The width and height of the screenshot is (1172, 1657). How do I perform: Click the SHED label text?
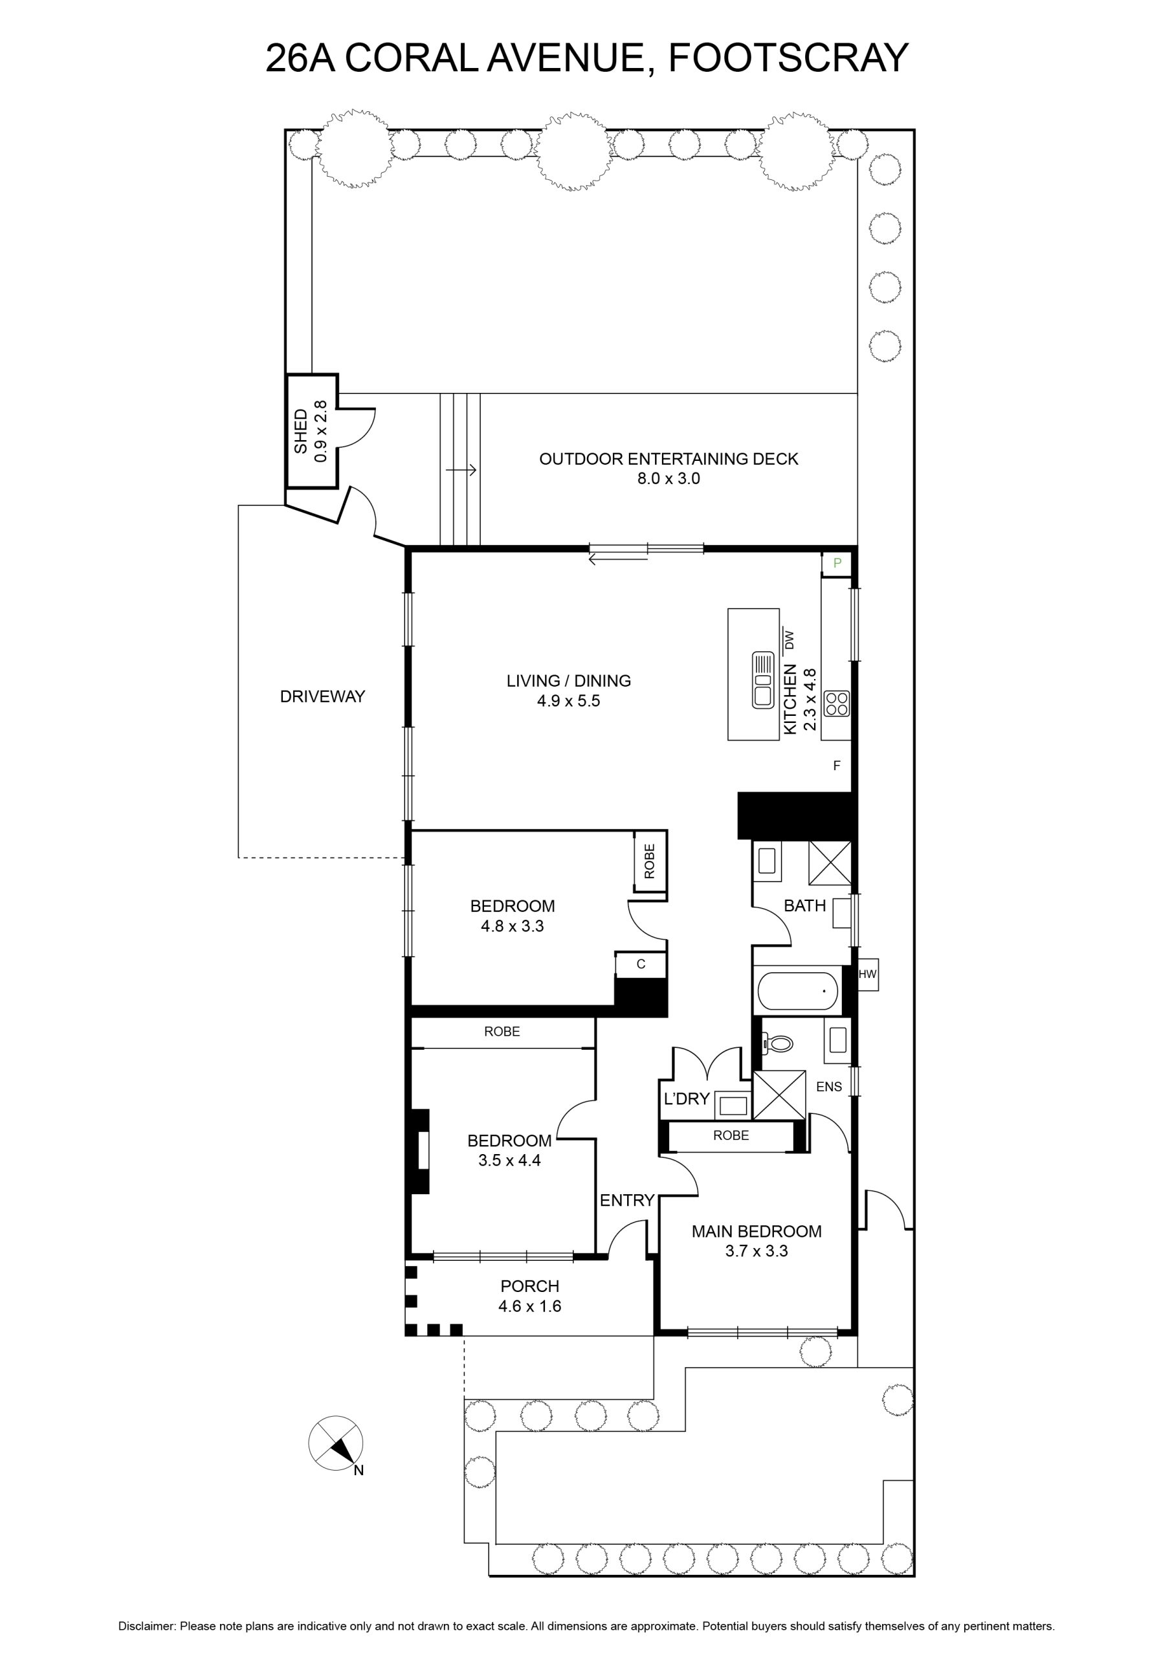point(301,432)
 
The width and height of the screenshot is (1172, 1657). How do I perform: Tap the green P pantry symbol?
point(837,564)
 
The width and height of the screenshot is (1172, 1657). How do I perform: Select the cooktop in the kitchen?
point(837,704)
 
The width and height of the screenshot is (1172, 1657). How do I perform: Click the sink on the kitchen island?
point(764,680)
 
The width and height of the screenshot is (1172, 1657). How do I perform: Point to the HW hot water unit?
point(867,974)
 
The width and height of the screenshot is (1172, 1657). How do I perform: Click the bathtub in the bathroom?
point(797,992)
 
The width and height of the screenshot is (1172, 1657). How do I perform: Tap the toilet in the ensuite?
point(777,1043)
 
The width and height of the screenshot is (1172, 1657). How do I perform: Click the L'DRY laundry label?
point(687,1098)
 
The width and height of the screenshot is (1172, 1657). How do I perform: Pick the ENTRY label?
point(627,1200)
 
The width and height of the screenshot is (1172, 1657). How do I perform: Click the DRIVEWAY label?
point(322,696)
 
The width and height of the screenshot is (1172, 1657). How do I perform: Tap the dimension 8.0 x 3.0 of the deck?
point(669,478)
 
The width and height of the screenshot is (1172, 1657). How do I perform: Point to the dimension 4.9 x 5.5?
point(569,701)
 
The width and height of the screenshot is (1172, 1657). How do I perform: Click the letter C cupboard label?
point(641,964)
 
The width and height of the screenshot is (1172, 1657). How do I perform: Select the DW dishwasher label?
point(789,639)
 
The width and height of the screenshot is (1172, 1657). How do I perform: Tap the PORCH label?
point(531,1286)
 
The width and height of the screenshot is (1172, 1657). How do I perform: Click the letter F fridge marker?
point(837,766)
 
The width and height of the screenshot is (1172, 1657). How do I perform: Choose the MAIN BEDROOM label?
point(757,1231)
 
